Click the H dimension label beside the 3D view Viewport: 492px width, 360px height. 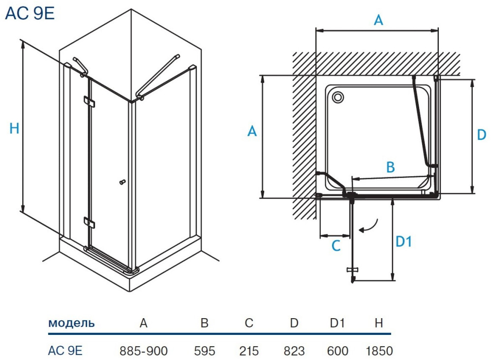[x=14, y=129]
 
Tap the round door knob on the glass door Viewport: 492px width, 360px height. [x=120, y=183]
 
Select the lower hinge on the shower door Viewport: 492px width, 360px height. [x=89, y=223]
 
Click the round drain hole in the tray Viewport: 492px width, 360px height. [x=338, y=97]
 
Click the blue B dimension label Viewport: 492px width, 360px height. [x=390, y=167]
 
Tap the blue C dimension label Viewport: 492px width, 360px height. [x=336, y=246]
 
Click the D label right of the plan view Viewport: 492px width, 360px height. [x=482, y=134]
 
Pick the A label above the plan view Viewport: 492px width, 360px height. [x=378, y=20]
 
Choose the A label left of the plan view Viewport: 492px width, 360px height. [x=252, y=132]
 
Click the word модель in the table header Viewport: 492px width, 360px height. [x=71, y=323]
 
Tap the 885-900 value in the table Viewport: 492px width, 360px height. [x=144, y=351]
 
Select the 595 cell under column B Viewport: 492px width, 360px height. [x=205, y=351]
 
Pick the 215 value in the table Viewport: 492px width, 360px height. [x=249, y=351]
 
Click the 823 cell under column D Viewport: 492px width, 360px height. [x=294, y=351]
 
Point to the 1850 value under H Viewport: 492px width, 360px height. [x=379, y=351]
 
